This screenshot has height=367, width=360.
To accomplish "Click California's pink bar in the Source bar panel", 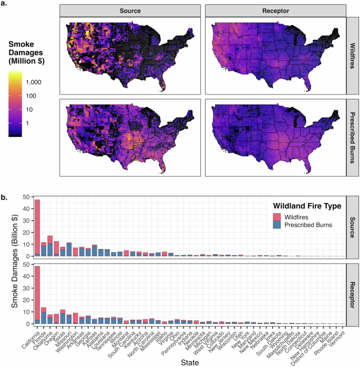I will (x=37, y=226).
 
